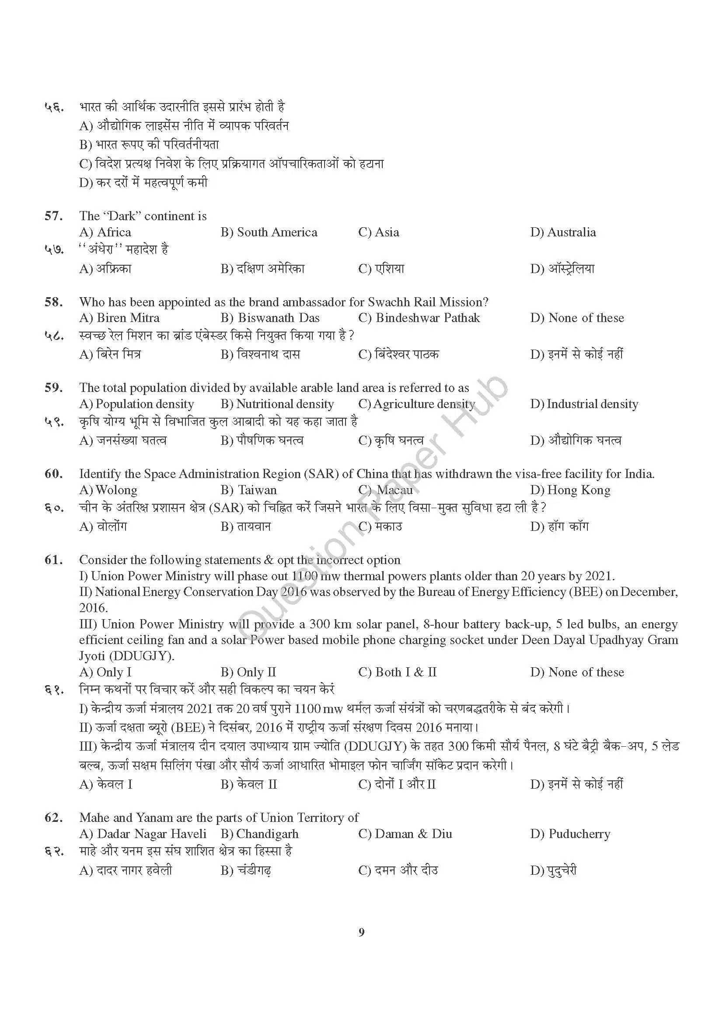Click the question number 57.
click(x=53, y=216)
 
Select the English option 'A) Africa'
click(x=105, y=232)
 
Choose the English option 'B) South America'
click(x=269, y=232)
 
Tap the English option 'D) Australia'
click(x=562, y=232)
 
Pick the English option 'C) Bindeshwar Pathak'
click(x=419, y=318)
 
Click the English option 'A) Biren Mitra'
click(x=119, y=318)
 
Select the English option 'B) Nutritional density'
click(x=277, y=404)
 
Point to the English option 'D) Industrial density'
click(x=584, y=404)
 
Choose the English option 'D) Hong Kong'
click(x=570, y=490)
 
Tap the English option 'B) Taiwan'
click(x=248, y=490)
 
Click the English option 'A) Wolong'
click(x=108, y=490)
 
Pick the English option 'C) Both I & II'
click(x=397, y=672)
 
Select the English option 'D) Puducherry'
click(x=570, y=834)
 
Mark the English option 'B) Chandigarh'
click(x=259, y=834)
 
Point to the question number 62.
click(x=53, y=818)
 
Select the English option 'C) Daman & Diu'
click(x=405, y=834)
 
